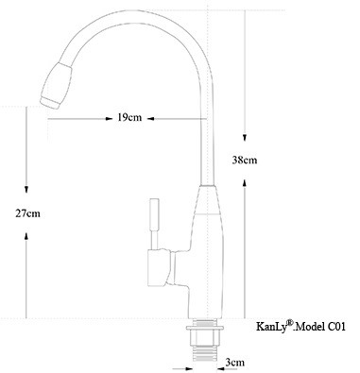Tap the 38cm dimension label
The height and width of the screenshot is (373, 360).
tap(244, 161)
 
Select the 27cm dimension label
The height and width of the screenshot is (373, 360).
tap(27, 213)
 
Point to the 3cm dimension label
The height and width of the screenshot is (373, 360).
tap(235, 361)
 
